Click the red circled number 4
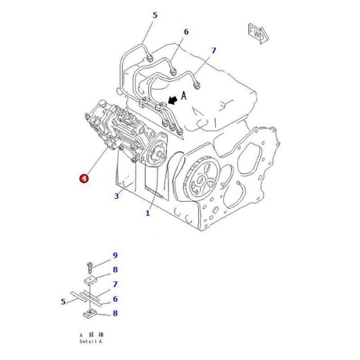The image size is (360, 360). [x=83, y=178]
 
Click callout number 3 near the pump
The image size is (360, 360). [x=117, y=195]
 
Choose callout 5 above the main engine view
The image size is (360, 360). [x=155, y=15]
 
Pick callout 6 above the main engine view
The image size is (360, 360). [x=186, y=32]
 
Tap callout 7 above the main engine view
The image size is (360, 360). [x=214, y=50]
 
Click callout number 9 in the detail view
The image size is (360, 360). [x=116, y=256]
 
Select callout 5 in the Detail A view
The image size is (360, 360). [x=63, y=302]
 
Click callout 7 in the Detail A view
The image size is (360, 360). [x=116, y=284]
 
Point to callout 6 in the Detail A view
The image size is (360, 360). [x=116, y=299]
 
